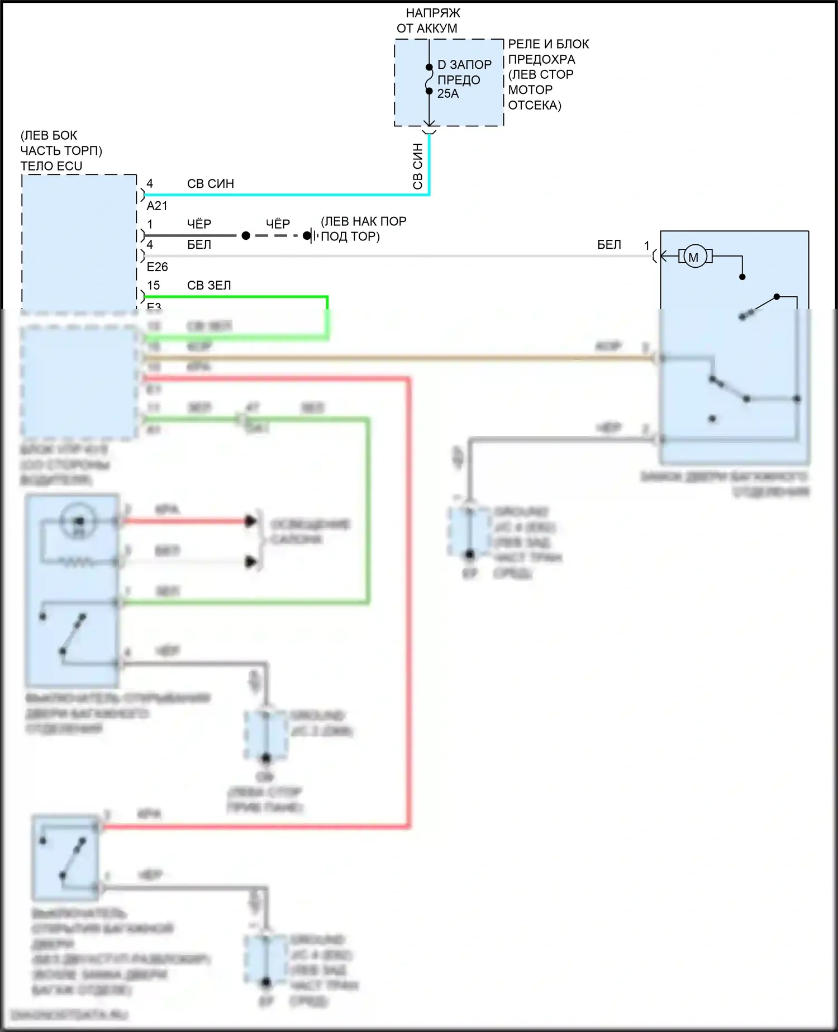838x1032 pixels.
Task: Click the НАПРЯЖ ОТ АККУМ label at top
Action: tap(428, 21)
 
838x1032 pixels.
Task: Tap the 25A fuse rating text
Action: tap(447, 94)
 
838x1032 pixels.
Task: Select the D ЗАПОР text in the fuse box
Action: tap(464, 65)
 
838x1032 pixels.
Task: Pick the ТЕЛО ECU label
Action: tap(51, 166)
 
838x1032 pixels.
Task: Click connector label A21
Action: tap(157, 206)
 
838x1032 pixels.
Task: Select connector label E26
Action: tap(157, 267)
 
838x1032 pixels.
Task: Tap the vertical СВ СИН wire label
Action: tap(418, 166)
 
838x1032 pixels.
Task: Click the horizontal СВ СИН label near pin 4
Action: tap(210, 183)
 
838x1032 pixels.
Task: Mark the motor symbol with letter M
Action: tap(694, 257)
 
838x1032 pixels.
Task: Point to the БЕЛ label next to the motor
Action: tap(609, 245)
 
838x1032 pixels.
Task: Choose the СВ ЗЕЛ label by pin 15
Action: tap(208, 285)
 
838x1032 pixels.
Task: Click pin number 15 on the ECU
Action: tap(153, 285)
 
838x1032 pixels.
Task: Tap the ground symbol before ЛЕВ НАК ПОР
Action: tap(311, 236)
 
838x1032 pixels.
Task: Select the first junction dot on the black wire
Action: tap(246, 236)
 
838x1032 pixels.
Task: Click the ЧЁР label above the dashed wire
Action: tap(278, 224)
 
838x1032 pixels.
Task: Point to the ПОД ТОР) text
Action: tap(350, 236)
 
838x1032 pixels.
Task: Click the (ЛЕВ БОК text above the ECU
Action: tap(49, 135)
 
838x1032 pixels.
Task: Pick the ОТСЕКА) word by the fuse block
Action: tap(535, 105)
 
